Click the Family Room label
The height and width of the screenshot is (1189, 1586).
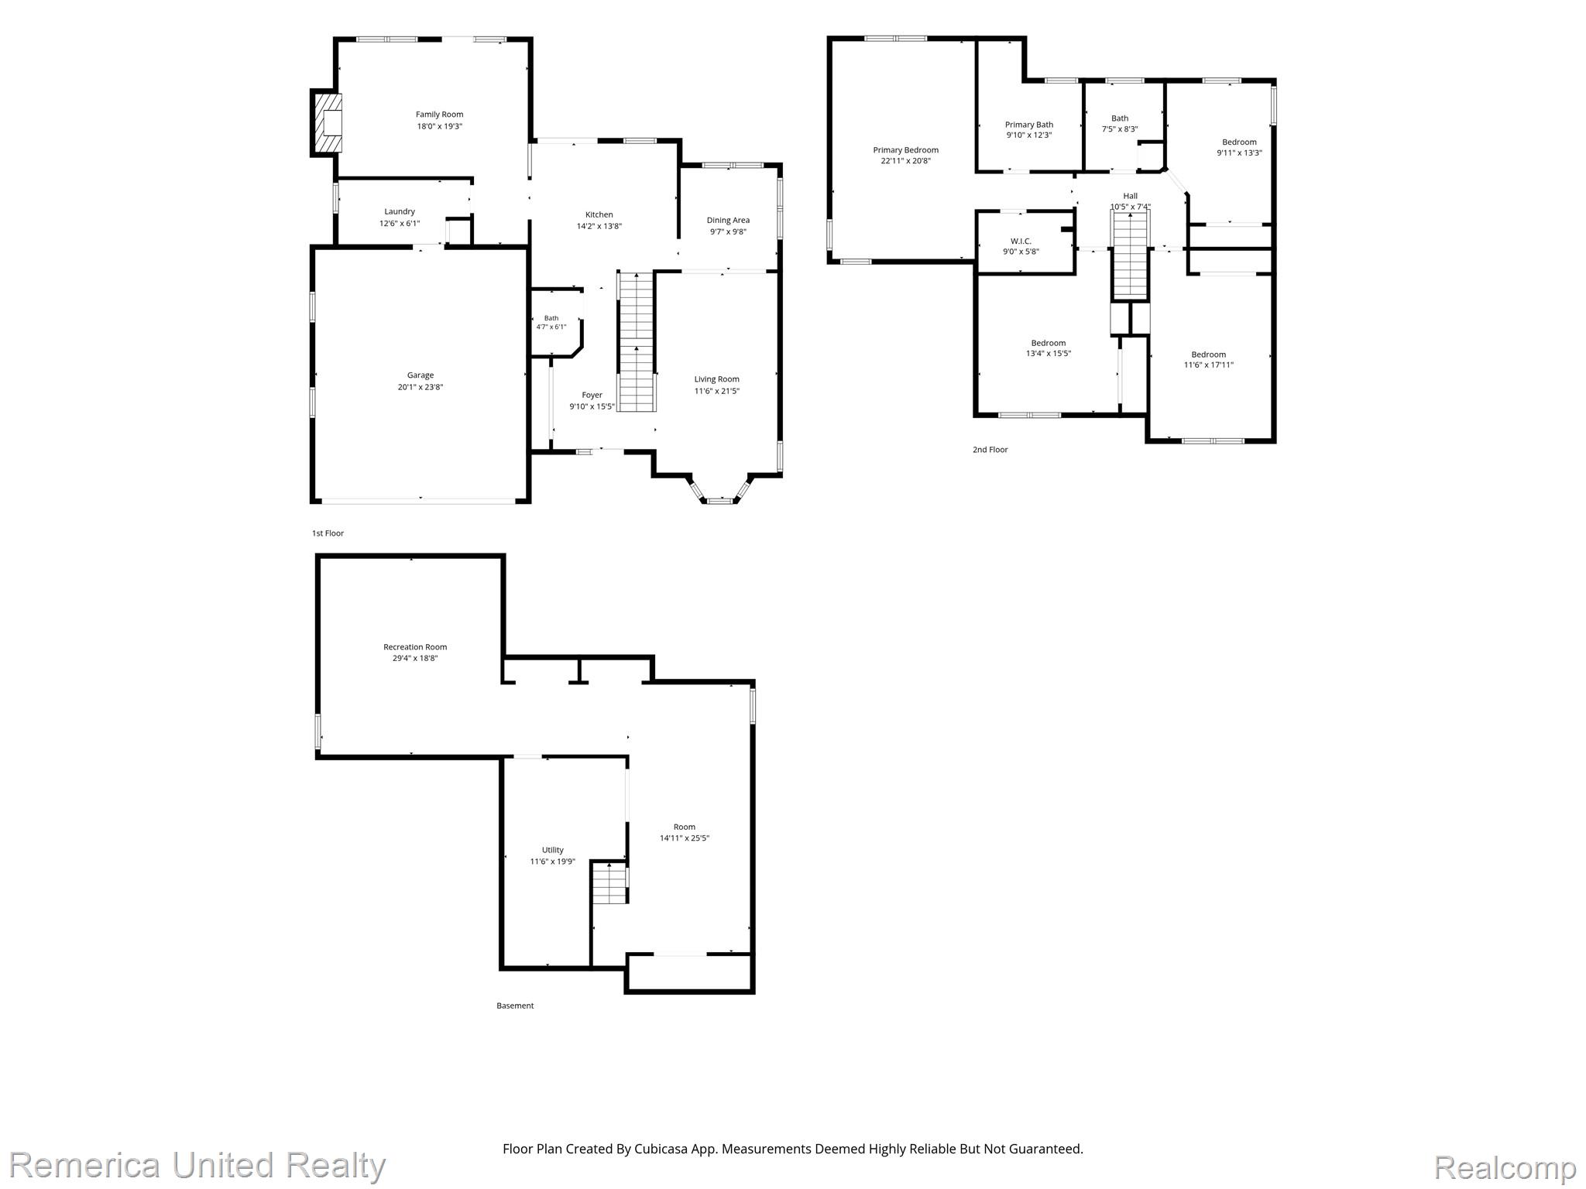click(x=439, y=115)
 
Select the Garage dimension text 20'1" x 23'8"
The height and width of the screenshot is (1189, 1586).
click(x=421, y=387)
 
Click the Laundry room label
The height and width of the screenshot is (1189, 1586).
click(x=400, y=211)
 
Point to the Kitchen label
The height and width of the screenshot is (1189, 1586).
click(x=599, y=214)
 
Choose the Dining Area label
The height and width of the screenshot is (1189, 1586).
click(x=728, y=220)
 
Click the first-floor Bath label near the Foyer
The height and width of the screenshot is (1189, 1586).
click(x=551, y=318)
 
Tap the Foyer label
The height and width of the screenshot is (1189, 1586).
click(x=592, y=395)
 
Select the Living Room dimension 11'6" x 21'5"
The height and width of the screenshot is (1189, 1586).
click(x=716, y=391)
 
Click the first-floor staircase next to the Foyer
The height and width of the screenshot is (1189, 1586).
click(x=637, y=341)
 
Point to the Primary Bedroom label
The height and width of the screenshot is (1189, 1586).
click(x=905, y=150)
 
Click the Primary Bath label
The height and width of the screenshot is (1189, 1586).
click(x=1029, y=125)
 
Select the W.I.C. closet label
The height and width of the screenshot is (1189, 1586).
click(x=1021, y=241)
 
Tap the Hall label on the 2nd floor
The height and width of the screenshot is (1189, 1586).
click(x=1131, y=196)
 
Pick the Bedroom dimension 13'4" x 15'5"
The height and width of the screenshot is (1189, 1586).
click(x=1049, y=354)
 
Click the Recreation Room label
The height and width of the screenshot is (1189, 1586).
click(x=415, y=647)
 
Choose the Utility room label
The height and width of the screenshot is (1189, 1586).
click(x=553, y=850)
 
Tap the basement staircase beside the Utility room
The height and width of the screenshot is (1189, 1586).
click(x=609, y=882)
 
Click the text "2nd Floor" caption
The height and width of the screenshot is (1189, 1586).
click(x=990, y=450)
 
